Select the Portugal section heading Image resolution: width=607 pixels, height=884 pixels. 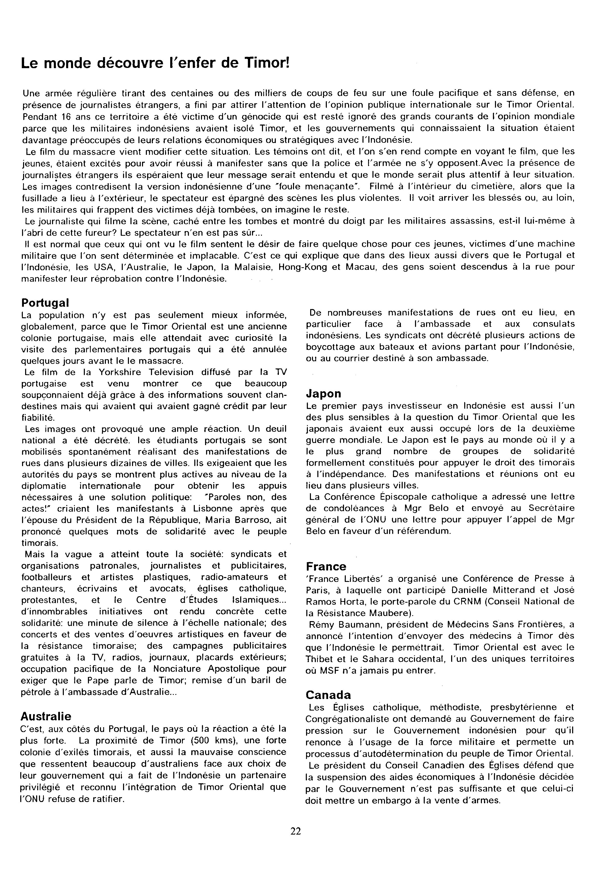tap(45, 303)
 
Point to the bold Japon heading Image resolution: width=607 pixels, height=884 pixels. tap(323, 393)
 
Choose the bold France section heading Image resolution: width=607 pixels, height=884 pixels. tap(326, 567)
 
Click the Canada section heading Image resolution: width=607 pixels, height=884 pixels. tap(328, 695)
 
